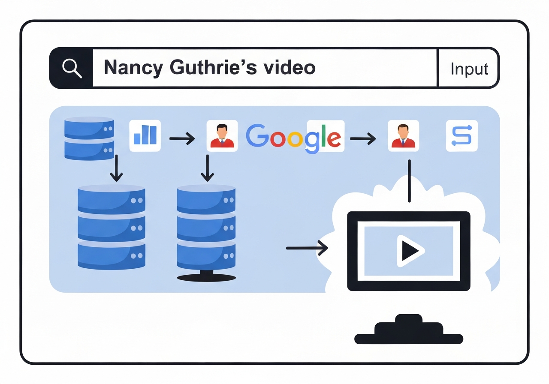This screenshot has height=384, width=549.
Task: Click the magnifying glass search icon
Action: click(72, 68)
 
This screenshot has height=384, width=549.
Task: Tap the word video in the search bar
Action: click(293, 68)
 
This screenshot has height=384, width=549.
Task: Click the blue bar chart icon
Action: click(145, 135)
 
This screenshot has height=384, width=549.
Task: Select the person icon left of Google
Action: click(222, 135)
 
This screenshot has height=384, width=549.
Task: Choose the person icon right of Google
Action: click(403, 135)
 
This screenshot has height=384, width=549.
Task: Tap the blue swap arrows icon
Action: click(462, 135)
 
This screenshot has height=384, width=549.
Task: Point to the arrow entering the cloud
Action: click(306, 248)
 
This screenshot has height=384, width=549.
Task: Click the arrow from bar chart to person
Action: click(182, 138)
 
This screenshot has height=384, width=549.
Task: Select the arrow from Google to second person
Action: click(363, 138)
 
